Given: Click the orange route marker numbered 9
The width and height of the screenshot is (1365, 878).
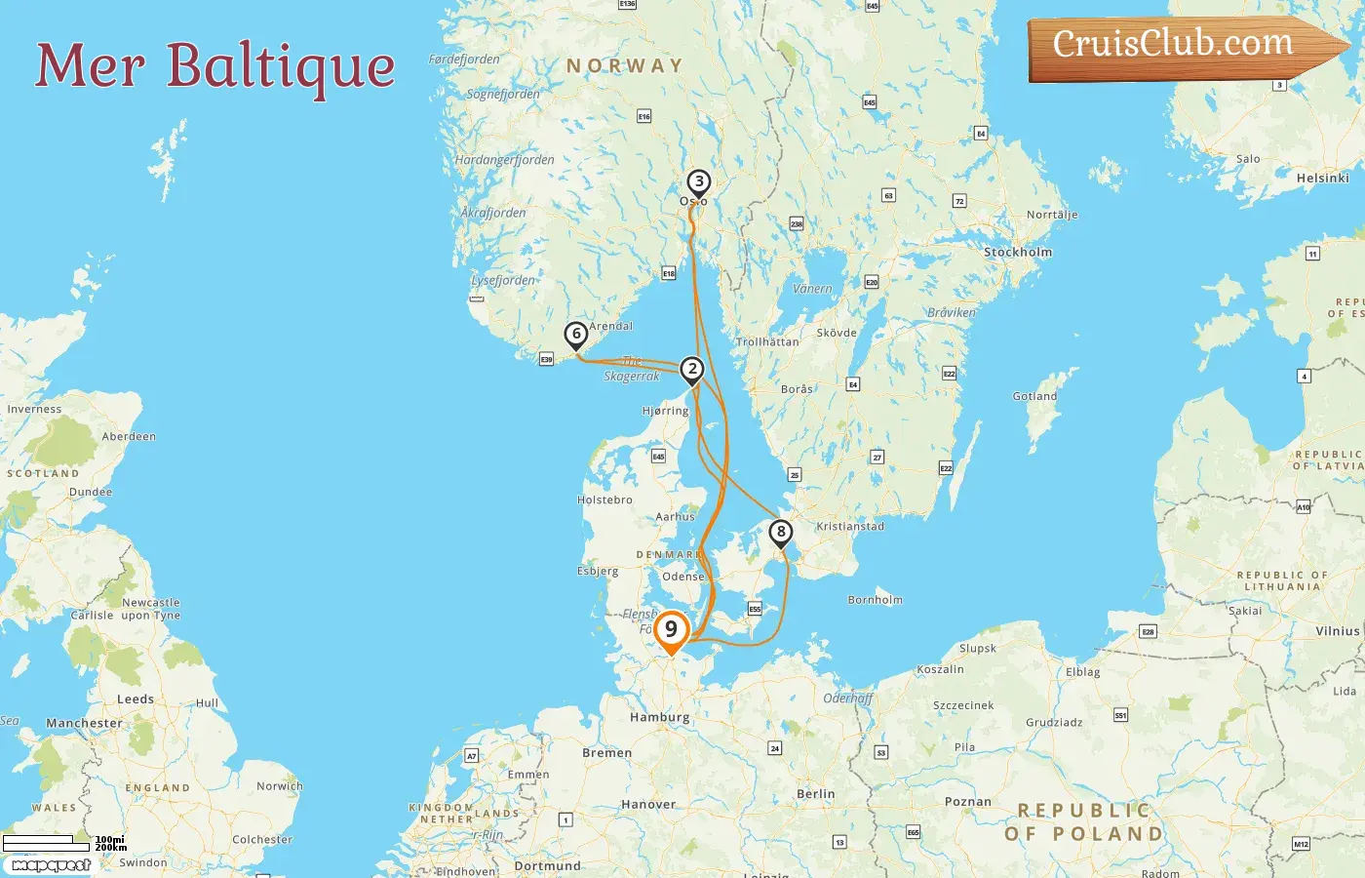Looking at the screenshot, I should pos(671,631).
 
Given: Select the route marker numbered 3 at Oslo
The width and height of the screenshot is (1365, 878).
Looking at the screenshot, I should pos(698,182).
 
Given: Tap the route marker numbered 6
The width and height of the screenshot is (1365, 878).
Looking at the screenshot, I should pos(576,335).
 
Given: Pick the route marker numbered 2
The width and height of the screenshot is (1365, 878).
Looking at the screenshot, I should pos(692,370).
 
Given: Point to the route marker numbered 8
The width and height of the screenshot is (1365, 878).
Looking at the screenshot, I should pos(780,533).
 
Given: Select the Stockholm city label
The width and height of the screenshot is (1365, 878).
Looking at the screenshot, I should pos(1018,252).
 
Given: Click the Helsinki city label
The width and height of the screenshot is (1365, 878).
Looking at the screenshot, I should pos(1322,178).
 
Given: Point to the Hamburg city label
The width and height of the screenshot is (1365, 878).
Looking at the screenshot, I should pos(659,717).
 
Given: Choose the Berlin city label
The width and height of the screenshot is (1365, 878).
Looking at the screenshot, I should pos(815,794).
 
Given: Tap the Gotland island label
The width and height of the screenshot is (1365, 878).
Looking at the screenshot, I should pos(1034,396).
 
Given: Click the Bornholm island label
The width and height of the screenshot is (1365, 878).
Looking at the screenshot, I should pos(875,600).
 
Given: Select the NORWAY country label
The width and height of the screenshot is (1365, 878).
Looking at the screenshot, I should pos(625,66).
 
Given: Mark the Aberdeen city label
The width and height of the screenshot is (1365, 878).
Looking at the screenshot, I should pos(129,436).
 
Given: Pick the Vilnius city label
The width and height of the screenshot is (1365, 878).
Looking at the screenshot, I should pos(1337,631).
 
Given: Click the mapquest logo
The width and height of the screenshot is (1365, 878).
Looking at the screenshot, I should pos(51,865).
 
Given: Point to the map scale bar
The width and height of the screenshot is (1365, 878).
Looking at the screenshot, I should pos(47,843).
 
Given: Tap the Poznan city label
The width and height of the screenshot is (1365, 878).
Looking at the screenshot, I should pos(967,802).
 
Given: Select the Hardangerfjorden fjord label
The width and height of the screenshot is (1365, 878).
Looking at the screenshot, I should pos(504,160).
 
